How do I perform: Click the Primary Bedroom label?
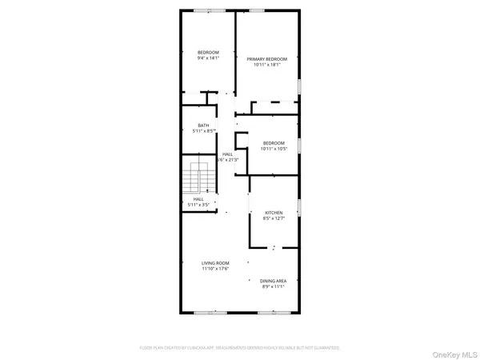[x=266, y=59]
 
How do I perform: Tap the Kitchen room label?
[x=274, y=213]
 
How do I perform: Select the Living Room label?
[x=215, y=263]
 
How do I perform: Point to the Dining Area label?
[x=274, y=281]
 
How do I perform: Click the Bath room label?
[x=203, y=126]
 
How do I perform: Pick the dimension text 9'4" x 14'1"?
[x=208, y=58]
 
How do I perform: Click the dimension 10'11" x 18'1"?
[x=266, y=66]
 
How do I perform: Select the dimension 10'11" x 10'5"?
[x=274, y=149]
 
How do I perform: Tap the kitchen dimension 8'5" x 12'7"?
[x=274, y=219]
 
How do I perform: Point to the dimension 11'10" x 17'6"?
[x=215, y=270]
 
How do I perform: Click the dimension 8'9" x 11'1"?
[x=274, y=287]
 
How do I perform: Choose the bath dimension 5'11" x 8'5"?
[x=203, y=132]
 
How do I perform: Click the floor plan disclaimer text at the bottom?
[x=239, y=348]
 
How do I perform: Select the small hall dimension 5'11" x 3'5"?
[x=198, y=206]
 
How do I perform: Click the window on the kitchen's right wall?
[x=299, y=206]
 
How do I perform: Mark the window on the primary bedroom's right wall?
[x=299, y=86]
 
